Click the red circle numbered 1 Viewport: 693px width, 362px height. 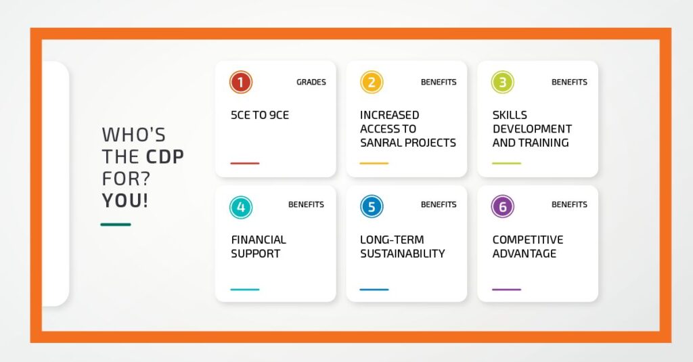pos(241,83)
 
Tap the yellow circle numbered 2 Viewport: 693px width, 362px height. pos(372,83)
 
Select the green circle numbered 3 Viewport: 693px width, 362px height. pos(503,83)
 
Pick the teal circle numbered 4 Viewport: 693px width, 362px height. pos(241,207)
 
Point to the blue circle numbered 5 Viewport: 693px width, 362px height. pos(372,207)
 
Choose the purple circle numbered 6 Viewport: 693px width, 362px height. pos(503,207)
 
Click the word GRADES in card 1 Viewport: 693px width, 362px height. pos(311,83)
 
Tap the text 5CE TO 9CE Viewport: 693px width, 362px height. pos(260,115)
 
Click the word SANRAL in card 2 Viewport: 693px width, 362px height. pos(380,143)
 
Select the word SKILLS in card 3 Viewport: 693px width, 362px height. pos(510,115)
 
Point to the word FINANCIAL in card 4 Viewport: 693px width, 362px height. pos(259,240)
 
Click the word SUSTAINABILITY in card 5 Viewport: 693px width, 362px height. pos(403,254)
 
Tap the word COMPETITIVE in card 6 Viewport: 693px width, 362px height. pos(528,240)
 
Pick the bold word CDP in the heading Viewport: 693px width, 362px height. pos(165,157)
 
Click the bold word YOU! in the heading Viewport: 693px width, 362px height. pos(125,201)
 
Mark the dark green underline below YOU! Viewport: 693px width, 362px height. pos(116,225)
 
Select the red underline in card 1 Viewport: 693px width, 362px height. pos(245,163)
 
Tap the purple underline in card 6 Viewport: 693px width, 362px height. pos(506,290)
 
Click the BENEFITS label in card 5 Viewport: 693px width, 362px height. pos(439,204)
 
